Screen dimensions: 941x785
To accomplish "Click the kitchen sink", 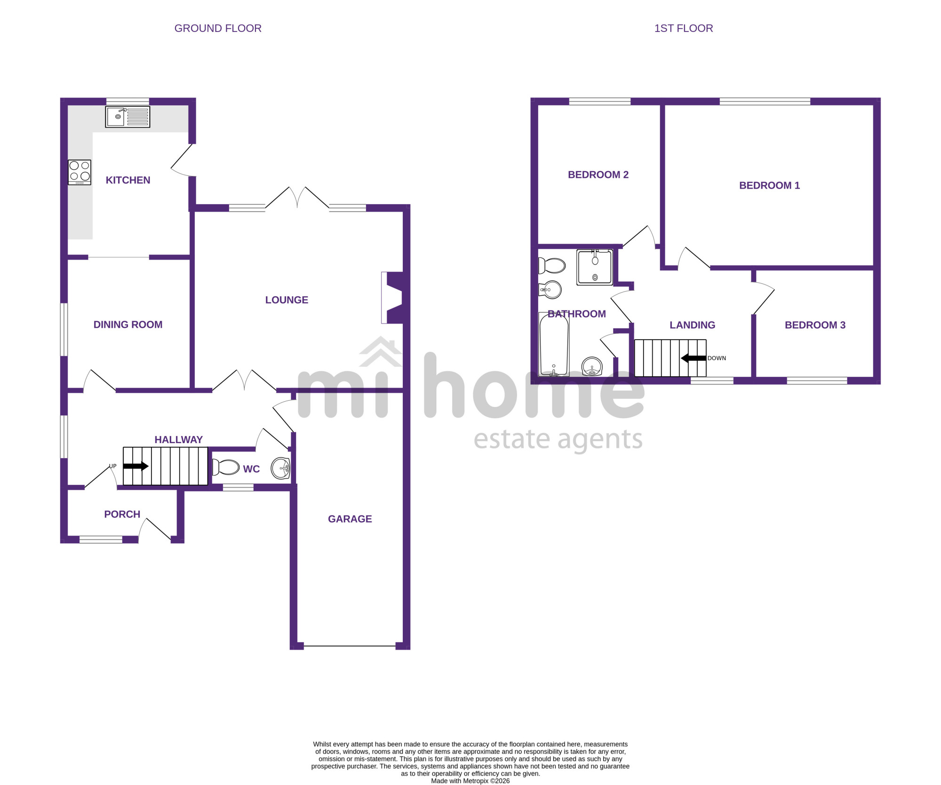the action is [128, 117].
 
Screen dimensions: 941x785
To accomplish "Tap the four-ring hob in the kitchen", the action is [80, 172].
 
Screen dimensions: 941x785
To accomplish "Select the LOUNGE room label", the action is [287, 300].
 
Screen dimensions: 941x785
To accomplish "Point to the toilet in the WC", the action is [226, 467].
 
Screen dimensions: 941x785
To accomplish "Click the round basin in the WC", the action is [280, 468].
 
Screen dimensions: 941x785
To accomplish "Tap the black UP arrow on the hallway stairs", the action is [136, 466].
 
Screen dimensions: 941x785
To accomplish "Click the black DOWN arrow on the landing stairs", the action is [694, 358].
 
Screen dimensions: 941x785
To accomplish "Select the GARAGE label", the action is [350, 519].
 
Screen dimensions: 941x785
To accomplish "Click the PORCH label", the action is [122, 514].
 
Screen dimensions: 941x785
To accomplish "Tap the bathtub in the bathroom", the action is [554, 345].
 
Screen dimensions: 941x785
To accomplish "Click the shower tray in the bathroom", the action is [595, 267].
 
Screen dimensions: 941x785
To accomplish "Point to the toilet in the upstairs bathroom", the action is [552, 266].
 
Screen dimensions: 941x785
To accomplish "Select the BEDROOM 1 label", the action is [769, 185].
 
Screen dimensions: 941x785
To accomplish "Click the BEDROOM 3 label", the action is [815, 325].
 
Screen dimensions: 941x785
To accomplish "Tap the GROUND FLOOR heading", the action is [218, 28].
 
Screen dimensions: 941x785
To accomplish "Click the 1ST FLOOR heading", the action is [684, 28].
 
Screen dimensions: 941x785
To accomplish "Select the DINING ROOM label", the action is [128, 325].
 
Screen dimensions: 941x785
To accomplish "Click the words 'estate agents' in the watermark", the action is [558, 440].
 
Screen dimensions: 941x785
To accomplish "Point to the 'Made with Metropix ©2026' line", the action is [470, 781].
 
